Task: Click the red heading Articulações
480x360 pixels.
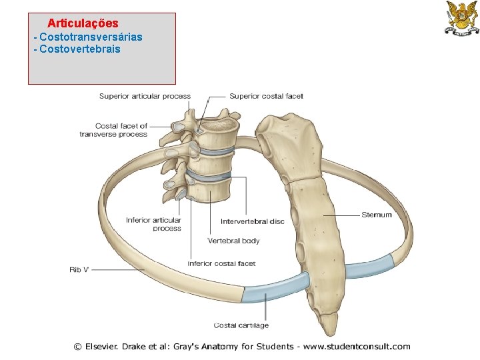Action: pyautogui.click(x=83, y=24)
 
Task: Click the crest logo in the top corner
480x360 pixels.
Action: pyautogui.click(x=461, y=18)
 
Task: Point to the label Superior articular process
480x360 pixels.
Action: pyautogui.click(x=145, y=97)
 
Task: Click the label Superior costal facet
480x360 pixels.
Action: pyautogui.click(x=266, y=97)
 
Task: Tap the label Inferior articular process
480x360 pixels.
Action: pyautogui.click(x=153, y=225)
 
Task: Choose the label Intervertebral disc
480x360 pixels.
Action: pyautogui.click(x=253, y=221)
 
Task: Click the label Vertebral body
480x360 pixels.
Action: pyautogui.click(x=233, y=241)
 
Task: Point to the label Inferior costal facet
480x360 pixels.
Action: pyautogui.click(x=222, y=264)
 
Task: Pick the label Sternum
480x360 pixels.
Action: pyautogui.click(x=377, y=215)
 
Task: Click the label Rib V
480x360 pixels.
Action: pyautogui.click(x=79, y=270)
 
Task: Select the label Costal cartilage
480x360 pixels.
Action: pyautogui.click(x=241, y=325)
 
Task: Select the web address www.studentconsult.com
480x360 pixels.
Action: pyautogui.click(x=357, y=347)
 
